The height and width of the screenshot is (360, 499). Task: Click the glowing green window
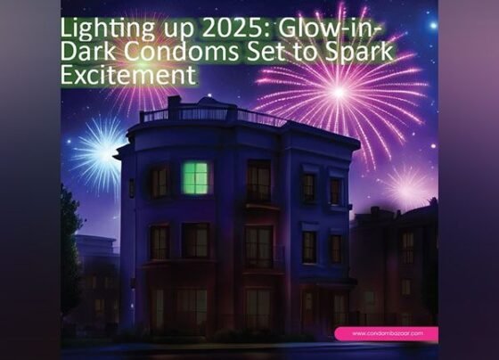(x=195, y=178)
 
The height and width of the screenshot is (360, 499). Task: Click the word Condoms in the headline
(x=181, y=52)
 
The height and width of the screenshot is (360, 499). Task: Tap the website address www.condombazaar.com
(x=388, y=333)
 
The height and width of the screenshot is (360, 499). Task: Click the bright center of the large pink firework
(x=339, y=92)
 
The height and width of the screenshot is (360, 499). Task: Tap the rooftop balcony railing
(x=210, y=114)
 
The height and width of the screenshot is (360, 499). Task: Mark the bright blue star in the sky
(x=433, y=26)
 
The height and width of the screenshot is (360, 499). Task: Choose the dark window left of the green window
(x=160, y=182)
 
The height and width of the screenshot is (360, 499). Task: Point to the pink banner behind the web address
(x=387, y=334)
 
